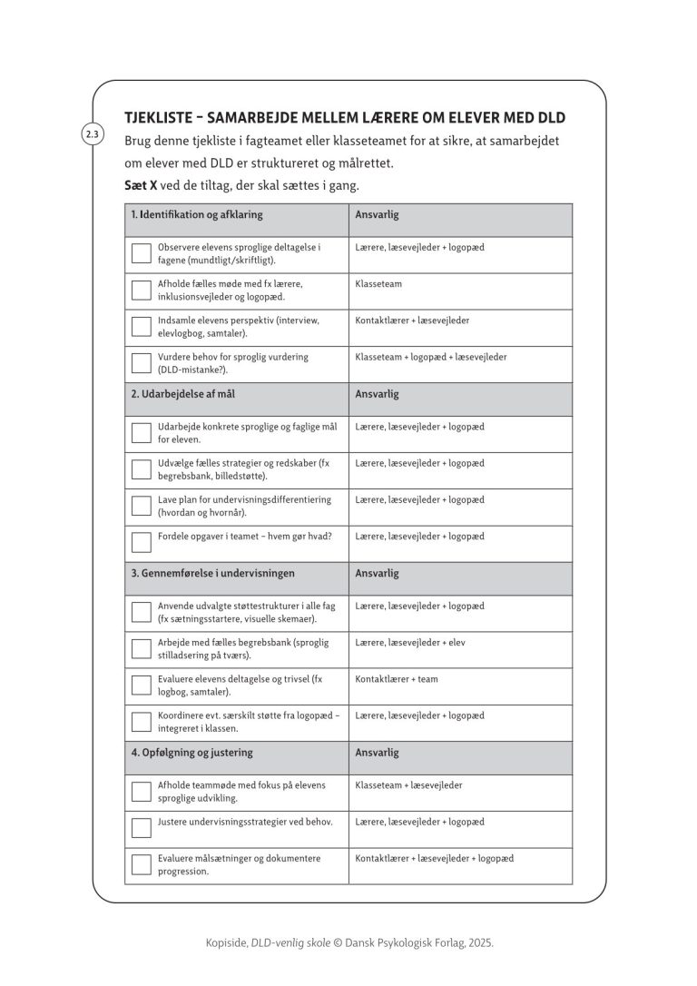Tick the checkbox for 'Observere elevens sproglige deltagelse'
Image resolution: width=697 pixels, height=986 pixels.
142,253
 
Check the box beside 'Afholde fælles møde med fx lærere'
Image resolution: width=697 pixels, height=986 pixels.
142,290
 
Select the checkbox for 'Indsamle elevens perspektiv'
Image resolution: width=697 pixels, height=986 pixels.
142,326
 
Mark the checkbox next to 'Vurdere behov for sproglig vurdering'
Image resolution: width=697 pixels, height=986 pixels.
142,362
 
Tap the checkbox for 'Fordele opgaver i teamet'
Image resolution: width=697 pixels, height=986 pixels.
142,542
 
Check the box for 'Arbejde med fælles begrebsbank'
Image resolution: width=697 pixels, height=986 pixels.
142,648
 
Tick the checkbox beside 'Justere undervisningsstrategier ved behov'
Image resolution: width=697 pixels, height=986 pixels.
142,827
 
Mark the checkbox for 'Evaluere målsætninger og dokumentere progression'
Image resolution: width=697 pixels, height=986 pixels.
142,863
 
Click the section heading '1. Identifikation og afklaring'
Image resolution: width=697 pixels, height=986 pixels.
197,215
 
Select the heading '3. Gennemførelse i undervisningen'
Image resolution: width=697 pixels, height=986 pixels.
212,574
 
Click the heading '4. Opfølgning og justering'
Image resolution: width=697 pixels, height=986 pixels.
191,753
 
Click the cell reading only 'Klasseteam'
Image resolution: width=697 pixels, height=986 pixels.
378,284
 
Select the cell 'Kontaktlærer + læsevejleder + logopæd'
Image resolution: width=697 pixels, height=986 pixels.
435,857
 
